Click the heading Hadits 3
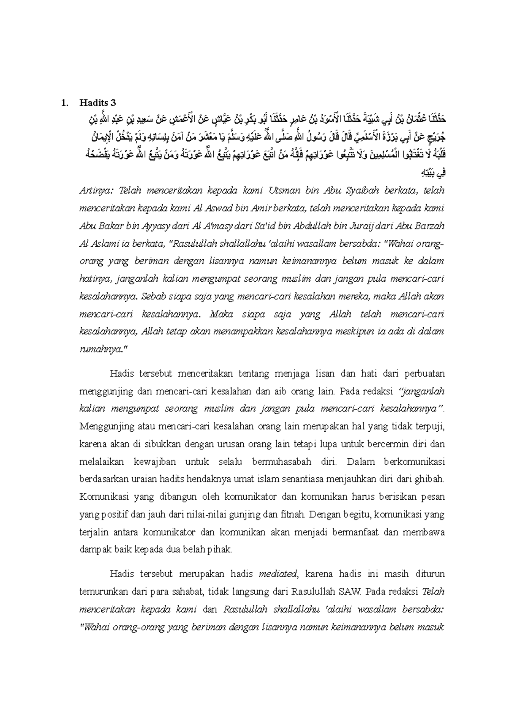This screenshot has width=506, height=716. click(97, 102)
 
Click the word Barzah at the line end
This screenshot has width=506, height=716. click(431, 226)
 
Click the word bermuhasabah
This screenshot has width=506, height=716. click(282, 462)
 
